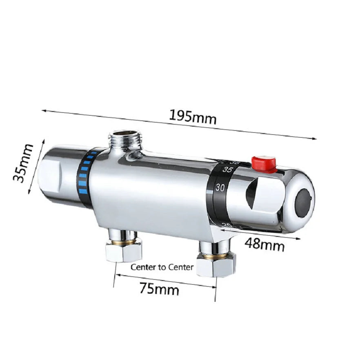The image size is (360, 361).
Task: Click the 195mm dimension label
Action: coord(193,117)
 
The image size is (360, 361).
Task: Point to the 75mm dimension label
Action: coord(159,289)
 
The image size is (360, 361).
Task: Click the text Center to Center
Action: coord(162,267)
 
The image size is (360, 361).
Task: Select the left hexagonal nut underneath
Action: coord(123,252)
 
